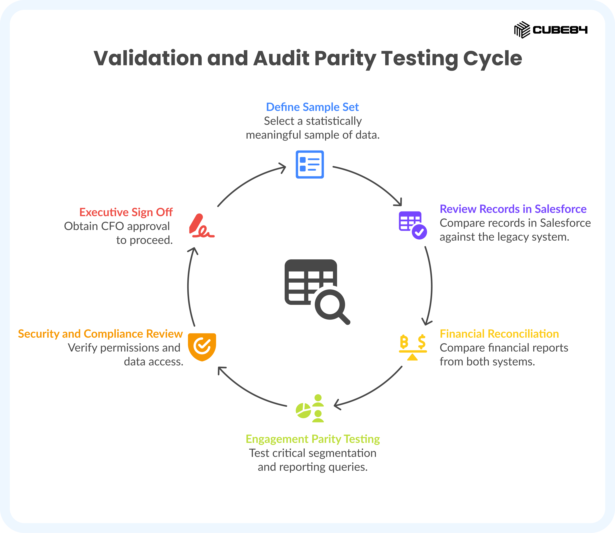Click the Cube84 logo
tap(551, 30)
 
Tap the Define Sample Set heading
tap(312, 107)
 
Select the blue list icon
tap(310, 165)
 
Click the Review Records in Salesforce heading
tap(513, 209)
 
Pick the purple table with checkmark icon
tap(413, 225)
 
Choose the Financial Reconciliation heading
tap(499, 334)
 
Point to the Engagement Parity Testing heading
tap(313, 439)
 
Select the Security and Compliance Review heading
tap(100, 334)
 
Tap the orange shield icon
tap(202, 347)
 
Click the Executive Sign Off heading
tap(126, 212)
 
